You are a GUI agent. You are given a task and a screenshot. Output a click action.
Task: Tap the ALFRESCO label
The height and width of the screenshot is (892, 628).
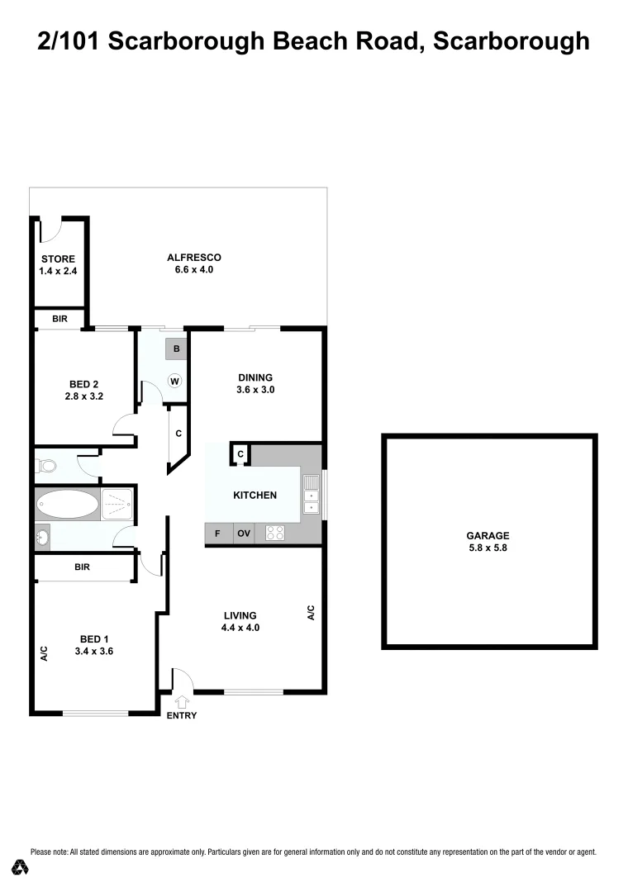pyautogui.click(x=194, y=257)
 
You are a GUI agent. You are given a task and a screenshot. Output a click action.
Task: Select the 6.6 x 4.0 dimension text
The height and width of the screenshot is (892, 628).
pyautogui.click(x=194, y=269)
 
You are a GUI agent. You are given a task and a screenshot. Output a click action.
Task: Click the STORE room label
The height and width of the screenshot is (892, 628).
pyautogui.click(x=58, y=259)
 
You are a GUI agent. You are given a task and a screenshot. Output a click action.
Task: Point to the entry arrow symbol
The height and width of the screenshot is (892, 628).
pyautogui.click(x=182, y=701)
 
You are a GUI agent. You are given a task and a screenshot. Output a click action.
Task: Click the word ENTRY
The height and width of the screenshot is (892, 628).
pyautogui.click(x=182, y=715)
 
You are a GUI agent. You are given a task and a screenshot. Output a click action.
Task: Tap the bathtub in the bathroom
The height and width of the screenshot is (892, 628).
pyautogui.click(x=67, y=504)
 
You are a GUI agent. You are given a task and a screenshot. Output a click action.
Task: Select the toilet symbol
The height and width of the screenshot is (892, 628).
pyautogui.click(x=45, y=467)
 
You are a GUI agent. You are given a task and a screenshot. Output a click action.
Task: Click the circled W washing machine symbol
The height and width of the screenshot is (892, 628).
pyautogui.click(x=174, y=381)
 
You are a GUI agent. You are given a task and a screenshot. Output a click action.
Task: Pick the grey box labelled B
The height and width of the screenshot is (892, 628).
pyautogui.click(x=176, y=349)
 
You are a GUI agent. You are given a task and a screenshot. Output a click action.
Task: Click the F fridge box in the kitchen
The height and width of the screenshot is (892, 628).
pyautogui.click(x=217, y=534)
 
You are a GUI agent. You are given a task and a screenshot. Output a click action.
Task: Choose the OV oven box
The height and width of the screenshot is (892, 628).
pyautogui.click(x=244, y=534)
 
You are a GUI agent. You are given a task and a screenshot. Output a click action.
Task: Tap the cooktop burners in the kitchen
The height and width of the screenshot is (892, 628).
pyautogui.click(x=275, y=534)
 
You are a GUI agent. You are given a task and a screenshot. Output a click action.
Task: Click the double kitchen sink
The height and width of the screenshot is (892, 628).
pyautogui.click(x=312, y=496)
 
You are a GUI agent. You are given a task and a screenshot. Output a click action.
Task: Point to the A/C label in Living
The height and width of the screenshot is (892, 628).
pyautogui.click(x=312, y=613)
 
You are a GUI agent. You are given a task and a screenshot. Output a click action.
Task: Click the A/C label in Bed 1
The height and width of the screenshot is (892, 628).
pyautogui.click(x=45, y=653)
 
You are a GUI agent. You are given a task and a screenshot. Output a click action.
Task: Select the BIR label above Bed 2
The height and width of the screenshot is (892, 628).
pyautogui.click(x=59, y=319)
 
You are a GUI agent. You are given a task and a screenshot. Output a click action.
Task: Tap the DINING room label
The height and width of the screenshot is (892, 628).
pyautogui.click(x=255, y=377)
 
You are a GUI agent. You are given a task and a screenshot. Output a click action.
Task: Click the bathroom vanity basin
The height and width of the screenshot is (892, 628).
pyautogui.click(x=43, y=539)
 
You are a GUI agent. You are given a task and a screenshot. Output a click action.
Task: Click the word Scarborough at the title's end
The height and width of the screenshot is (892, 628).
pyautogui.click(x=511, y=41)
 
